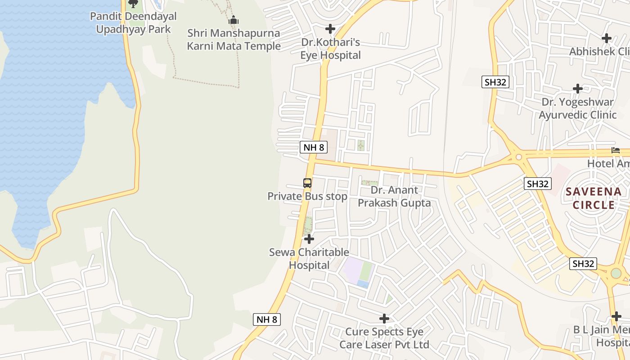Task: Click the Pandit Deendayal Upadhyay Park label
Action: pos(133,23)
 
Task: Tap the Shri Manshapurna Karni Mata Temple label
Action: pos(234,40)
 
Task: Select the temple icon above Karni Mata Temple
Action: pos(234,20)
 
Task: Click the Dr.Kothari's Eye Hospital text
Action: pos(331,49)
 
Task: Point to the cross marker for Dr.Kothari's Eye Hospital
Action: pos(330,29)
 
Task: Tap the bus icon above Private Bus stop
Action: pos(307,183)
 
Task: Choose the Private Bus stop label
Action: pos(307,197)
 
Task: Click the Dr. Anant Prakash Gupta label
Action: pos(394,197)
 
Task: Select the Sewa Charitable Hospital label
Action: pos(309,259)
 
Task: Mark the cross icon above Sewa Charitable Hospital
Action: pos(309,239)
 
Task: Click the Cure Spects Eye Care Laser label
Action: pos(384,338)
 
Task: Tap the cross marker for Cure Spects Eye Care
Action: pos(384,319)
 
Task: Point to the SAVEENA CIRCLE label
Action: pos(594,198)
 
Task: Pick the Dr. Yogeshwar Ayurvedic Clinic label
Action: pos(578,108)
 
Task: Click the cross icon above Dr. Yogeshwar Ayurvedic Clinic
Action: pos(578,89)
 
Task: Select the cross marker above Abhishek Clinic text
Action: pos(607,38)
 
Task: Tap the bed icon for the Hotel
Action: pos(615,150)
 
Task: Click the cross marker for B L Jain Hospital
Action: pos(616,317)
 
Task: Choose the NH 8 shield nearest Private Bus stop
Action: pos(313,147)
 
